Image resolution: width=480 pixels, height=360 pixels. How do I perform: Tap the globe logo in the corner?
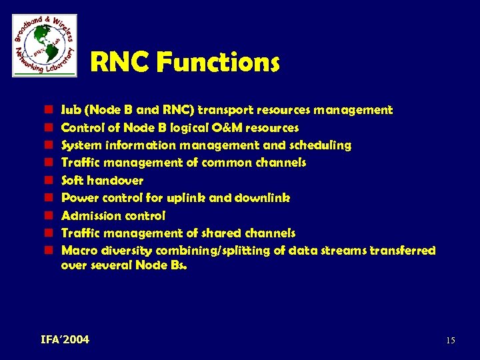[45, 45]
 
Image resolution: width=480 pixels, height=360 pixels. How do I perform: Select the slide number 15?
[451, 341]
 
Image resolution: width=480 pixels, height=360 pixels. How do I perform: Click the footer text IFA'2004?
[65, 340]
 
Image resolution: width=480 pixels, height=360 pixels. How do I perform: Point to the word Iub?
[69, 110]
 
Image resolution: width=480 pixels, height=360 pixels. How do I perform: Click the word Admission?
[86, 216]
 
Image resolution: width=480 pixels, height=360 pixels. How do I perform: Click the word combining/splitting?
[213, 251]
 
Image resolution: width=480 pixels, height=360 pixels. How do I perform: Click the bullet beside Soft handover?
[49, 181]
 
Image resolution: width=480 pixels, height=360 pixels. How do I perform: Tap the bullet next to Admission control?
[49, 216]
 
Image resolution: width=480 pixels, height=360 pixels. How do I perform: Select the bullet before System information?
[49, 145]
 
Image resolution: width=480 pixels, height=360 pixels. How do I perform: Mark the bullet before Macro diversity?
[49, 251]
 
